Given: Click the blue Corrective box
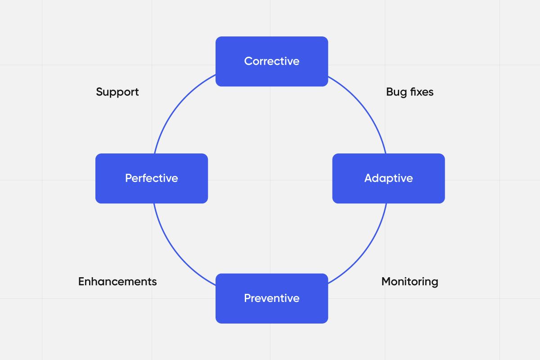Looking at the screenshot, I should pyautogui.click(x=271, y=61).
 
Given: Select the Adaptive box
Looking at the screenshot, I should pyautogui.click(x=388, y=178).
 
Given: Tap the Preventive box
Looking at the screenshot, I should pyautogui.click(x=271, y=298).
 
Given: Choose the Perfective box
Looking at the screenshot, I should pyautogui.click(x=152, y=178).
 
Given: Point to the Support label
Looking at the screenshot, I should pyautogui.click(x=117, y=92).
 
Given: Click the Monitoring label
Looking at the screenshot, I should pyautogui.click(x=409, y=282).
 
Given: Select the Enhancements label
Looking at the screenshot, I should pyautogui.click(x=117, y=282).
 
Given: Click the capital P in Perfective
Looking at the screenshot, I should pyautogui.click(x=128, y=178).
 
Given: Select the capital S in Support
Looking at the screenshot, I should pyautogui.click(x=99, y=92).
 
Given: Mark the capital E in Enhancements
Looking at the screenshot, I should pyautogui.click(x=81, y=282).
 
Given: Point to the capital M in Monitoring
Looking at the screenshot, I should pyautogui.click(x=386, y=282).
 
